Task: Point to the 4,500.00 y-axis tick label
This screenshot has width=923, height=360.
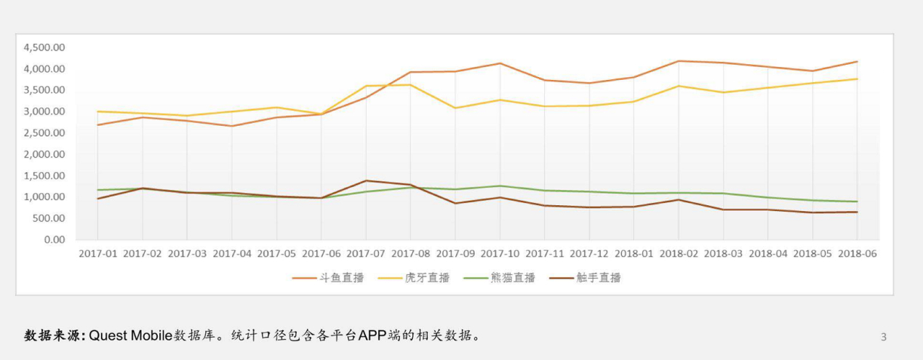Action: click(44, 47)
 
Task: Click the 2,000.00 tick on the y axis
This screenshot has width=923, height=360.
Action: click(44, 154)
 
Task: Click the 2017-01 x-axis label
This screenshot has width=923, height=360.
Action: click(97, 254)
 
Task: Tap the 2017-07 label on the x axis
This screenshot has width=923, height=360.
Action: click(366, 254)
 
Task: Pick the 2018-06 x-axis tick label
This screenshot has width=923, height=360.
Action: click(857, 254)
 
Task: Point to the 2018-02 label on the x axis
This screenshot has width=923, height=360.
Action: click(679, 254)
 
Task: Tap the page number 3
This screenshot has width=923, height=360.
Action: click(884, 337)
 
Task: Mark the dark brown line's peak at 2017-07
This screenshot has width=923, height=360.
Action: click(366, 180)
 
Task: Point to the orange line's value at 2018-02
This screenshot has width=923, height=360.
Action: click(679, 61)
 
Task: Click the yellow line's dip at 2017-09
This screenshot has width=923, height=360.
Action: click(455, 108)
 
